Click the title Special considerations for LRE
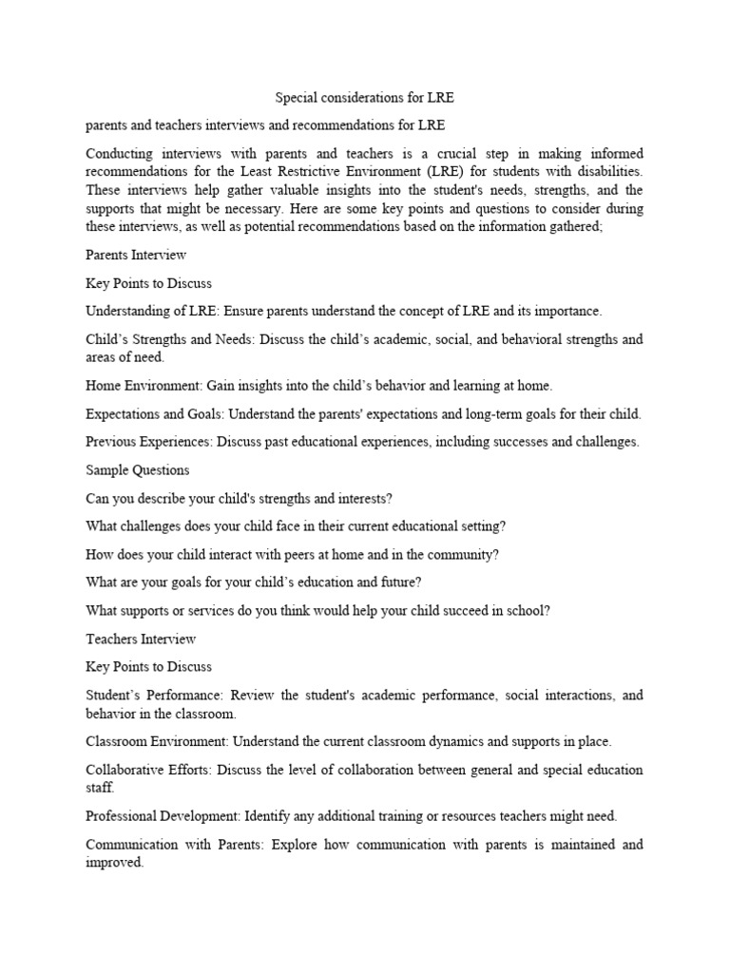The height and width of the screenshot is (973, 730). [x=365, y=98]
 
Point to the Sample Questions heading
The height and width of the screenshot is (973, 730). [x=137, y=469]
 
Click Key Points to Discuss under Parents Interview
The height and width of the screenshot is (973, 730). [x=148, y=283]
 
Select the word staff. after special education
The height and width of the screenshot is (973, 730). [x=100, y=787]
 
